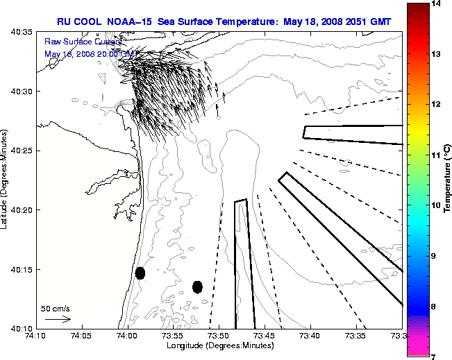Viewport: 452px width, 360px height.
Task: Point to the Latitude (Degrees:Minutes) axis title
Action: [x=6, y=180]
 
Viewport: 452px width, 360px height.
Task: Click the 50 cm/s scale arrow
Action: [x=58, y=320]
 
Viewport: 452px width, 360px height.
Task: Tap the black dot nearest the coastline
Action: [x=140, y=273]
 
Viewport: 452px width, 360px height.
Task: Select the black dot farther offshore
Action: [x=197, y=286]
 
